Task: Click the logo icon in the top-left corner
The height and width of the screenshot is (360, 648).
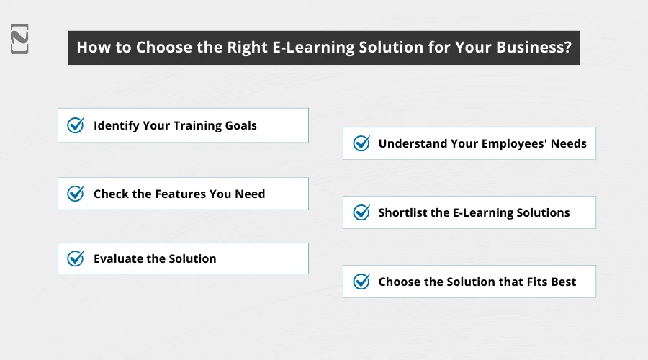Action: pyautogui.click(x=19, y=39)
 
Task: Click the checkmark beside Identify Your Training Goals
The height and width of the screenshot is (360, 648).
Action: pyautogui.click(x=76, y=125)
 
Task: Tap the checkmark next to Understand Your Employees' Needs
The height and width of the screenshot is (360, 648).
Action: pyautogui.click(x=361, y=143)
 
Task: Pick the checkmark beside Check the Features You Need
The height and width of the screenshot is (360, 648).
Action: pyautogui.click(x=76, y=194)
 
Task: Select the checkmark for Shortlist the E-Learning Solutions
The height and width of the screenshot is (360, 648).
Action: pyautogui.click(x=361, y=212)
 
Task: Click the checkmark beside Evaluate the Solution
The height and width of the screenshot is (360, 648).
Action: pyautogui.click(x=76, y=258)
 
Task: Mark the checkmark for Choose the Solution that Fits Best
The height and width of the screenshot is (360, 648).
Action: pyautogui.click(x=361, y=282)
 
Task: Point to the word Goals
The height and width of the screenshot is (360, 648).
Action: pyautogui.click(x=239, y=125)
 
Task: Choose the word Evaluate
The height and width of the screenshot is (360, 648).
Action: pyautogui.click(x=118, y=258)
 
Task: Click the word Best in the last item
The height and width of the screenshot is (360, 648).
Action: pyautogui.click(x=562, y=282)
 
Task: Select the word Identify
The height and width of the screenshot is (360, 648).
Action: pyautogui.click(x=115, y=125)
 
